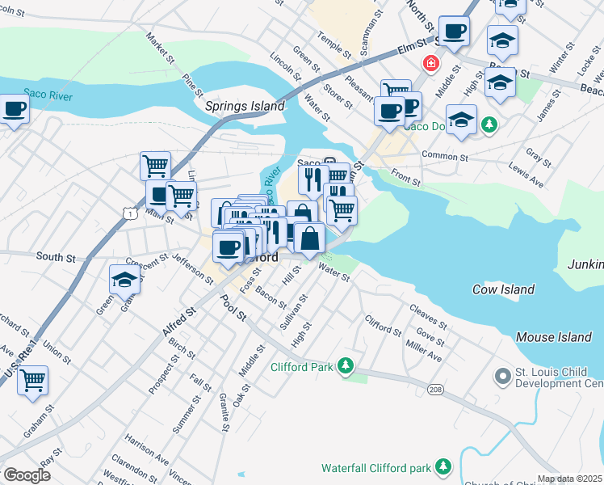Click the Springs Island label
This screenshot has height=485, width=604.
click(245, 106)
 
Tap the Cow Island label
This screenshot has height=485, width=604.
click(503, 289)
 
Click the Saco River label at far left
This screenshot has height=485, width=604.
click(48, 96)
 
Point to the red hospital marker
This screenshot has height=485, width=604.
click(431, 62)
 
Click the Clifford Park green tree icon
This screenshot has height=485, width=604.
click(346, 366)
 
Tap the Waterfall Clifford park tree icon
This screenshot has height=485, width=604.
click(443, 466)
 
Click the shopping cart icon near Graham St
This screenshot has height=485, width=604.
click(32, 379)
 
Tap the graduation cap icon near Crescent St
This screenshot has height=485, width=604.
click(125, 280)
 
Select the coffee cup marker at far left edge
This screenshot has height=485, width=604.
click(13, 109)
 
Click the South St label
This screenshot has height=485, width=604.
click(56, 258)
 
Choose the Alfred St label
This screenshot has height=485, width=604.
click(179, 320)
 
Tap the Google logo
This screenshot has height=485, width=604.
click(27, 475)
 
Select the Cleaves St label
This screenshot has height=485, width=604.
click(428, 311)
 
